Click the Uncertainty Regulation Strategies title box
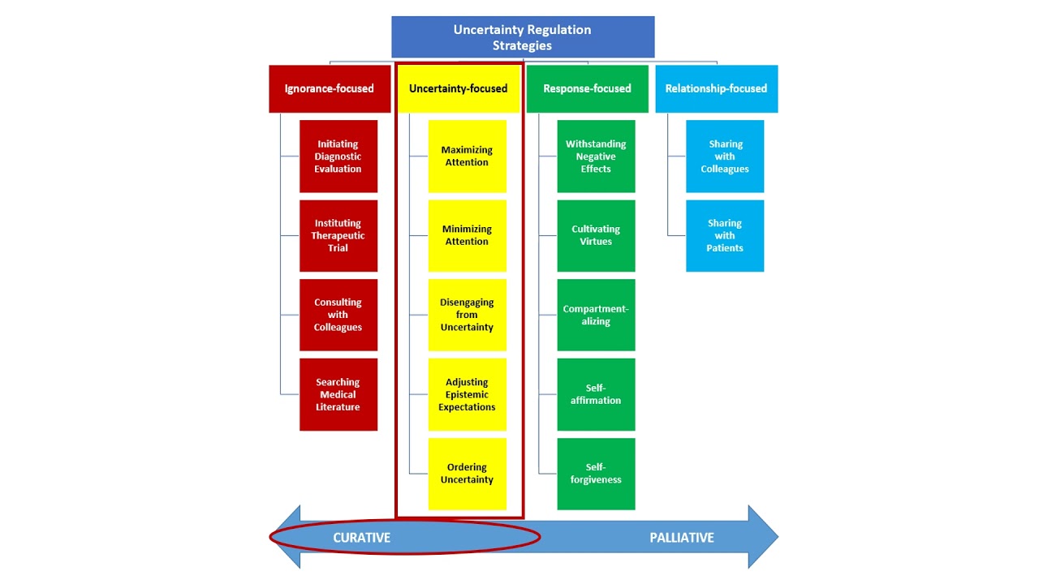(x=522, y=37)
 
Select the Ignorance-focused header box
(x=329, y=88)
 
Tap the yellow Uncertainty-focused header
(x=458, y=88)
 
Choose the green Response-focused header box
(x=587, y=88)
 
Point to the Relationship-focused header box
(x=716, y=88)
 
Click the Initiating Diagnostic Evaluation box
(x=338, y=157)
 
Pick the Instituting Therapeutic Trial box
(x=338, y=235)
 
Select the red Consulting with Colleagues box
(x=338, y=315)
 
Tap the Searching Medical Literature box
(x=338, y=394)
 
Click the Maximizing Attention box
(x=467, y=157)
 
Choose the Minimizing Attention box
(x=467, y=235)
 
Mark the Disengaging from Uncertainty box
(x=467, y=315)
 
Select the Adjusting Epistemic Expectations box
(x=467, y=394)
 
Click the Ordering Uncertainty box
(x=467, y=474)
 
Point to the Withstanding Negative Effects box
(x=596, y=157)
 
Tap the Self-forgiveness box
(x=596, y=474)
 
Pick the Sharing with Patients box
(x=725, y=235)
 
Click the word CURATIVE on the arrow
(x=362, y=538)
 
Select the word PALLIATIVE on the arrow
(x=682, y=538)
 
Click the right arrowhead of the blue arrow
(x=763, y=537)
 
